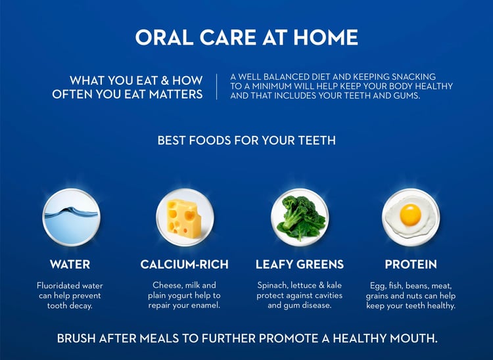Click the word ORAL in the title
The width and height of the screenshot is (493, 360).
coord(164,37)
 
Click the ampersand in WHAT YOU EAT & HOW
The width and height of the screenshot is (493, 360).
coord(165,80)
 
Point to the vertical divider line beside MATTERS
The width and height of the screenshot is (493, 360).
coord(217,87)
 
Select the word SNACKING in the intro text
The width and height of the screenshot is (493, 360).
coord(413,77)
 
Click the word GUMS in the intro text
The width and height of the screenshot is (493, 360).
coord(406,95)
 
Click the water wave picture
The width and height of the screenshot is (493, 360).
coord(72,217)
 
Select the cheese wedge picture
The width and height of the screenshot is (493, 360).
coord(185,217)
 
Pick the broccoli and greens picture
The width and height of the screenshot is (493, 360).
coord(300,217)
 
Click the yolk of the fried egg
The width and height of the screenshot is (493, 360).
coord(410,215)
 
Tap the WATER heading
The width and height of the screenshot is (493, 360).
coord(70,264)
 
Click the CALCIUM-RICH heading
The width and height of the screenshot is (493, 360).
coord(185,264)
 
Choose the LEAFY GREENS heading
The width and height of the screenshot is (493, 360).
coord(300,264)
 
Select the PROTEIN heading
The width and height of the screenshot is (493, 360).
coord(411,264)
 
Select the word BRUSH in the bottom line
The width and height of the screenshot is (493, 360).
coord(76,338)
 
